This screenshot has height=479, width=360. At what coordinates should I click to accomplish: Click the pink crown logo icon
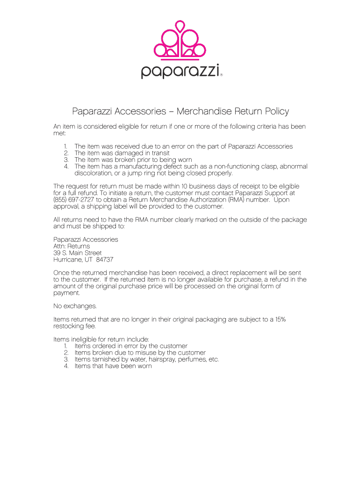[180, 41]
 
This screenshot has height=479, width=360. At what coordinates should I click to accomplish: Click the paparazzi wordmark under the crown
[180, 72]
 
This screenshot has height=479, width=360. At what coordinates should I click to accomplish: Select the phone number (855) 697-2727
[74, 200]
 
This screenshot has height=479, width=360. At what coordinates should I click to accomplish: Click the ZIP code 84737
[104, 260]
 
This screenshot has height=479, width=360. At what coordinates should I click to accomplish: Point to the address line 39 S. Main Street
[77, 253]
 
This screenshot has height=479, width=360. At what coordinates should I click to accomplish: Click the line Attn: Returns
[72, 246]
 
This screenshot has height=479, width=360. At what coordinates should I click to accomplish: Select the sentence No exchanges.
[75, 306]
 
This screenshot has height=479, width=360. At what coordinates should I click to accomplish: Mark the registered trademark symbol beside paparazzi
[221, 74]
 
